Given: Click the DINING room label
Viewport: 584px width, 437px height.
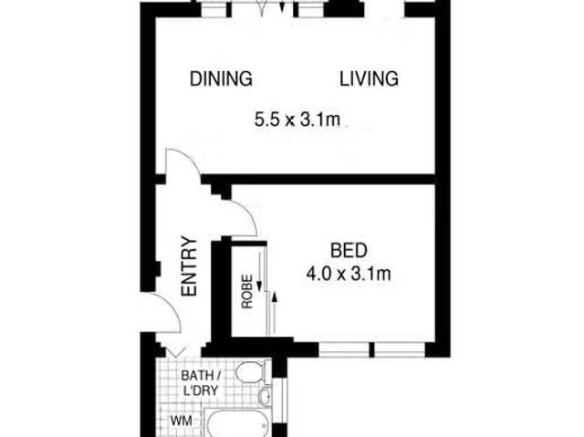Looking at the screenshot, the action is click(221, 78).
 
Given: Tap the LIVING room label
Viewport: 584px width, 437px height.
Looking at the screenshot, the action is click(369, 78).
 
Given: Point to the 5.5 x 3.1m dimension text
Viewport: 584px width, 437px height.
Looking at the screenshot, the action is click(297, 120).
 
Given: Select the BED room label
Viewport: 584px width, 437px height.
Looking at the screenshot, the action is click(349, 250).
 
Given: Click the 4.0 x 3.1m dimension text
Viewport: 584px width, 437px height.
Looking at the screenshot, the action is click(349, 275).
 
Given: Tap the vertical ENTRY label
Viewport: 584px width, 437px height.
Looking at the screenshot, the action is click(189, 266).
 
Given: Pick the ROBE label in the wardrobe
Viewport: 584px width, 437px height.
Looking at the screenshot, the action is click(247, 291).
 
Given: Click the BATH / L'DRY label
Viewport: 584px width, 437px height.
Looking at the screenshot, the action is click(200, 382).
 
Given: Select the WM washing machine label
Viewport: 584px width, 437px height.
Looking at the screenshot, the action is click(182, 421).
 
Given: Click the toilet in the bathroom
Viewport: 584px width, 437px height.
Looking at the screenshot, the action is click(253, 371).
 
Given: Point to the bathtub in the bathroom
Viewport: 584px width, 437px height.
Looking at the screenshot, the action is click(238, 423).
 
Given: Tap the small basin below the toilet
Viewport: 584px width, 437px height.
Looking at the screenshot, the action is click(266, 395).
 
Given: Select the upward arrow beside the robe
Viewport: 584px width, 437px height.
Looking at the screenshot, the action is click(275, 312).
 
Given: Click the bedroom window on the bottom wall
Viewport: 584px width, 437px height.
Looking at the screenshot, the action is click(372, 350).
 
